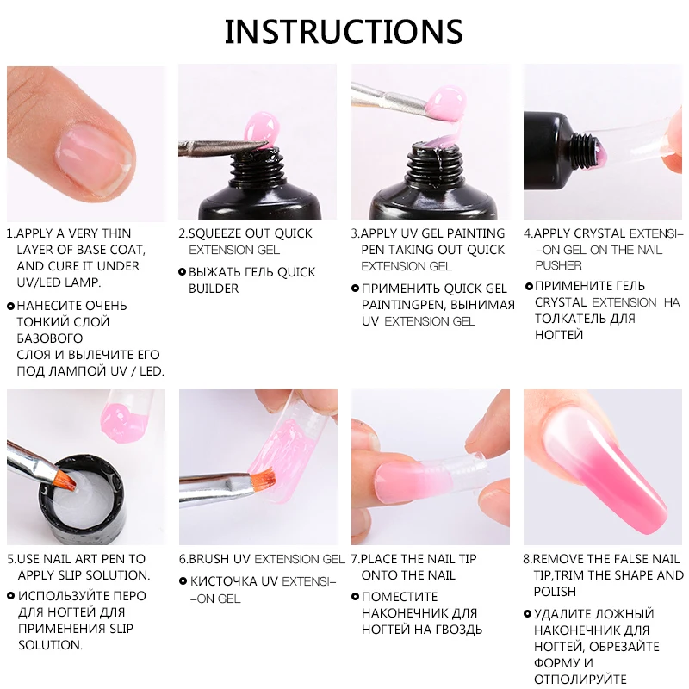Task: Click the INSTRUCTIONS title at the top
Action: pyautogui.click(x=344, y=32)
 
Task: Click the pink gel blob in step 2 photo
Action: pyautogui.click(x=259, y=129)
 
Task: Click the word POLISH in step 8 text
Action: pyautogui.click(x=556, y=592)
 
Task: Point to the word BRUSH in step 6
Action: pyautogui.click(x=210, y=559)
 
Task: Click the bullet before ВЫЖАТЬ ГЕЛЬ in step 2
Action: pyautogui.click(x=182, y=272)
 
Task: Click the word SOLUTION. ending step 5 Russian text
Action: pyautogui.click(x=50, y=644)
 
